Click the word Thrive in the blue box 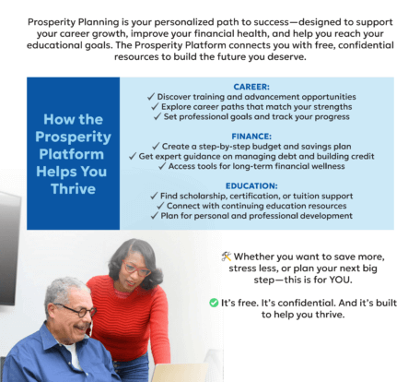tap(73, 189)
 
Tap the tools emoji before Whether tap(227, 256)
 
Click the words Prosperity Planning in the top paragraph tap(73, 21)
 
